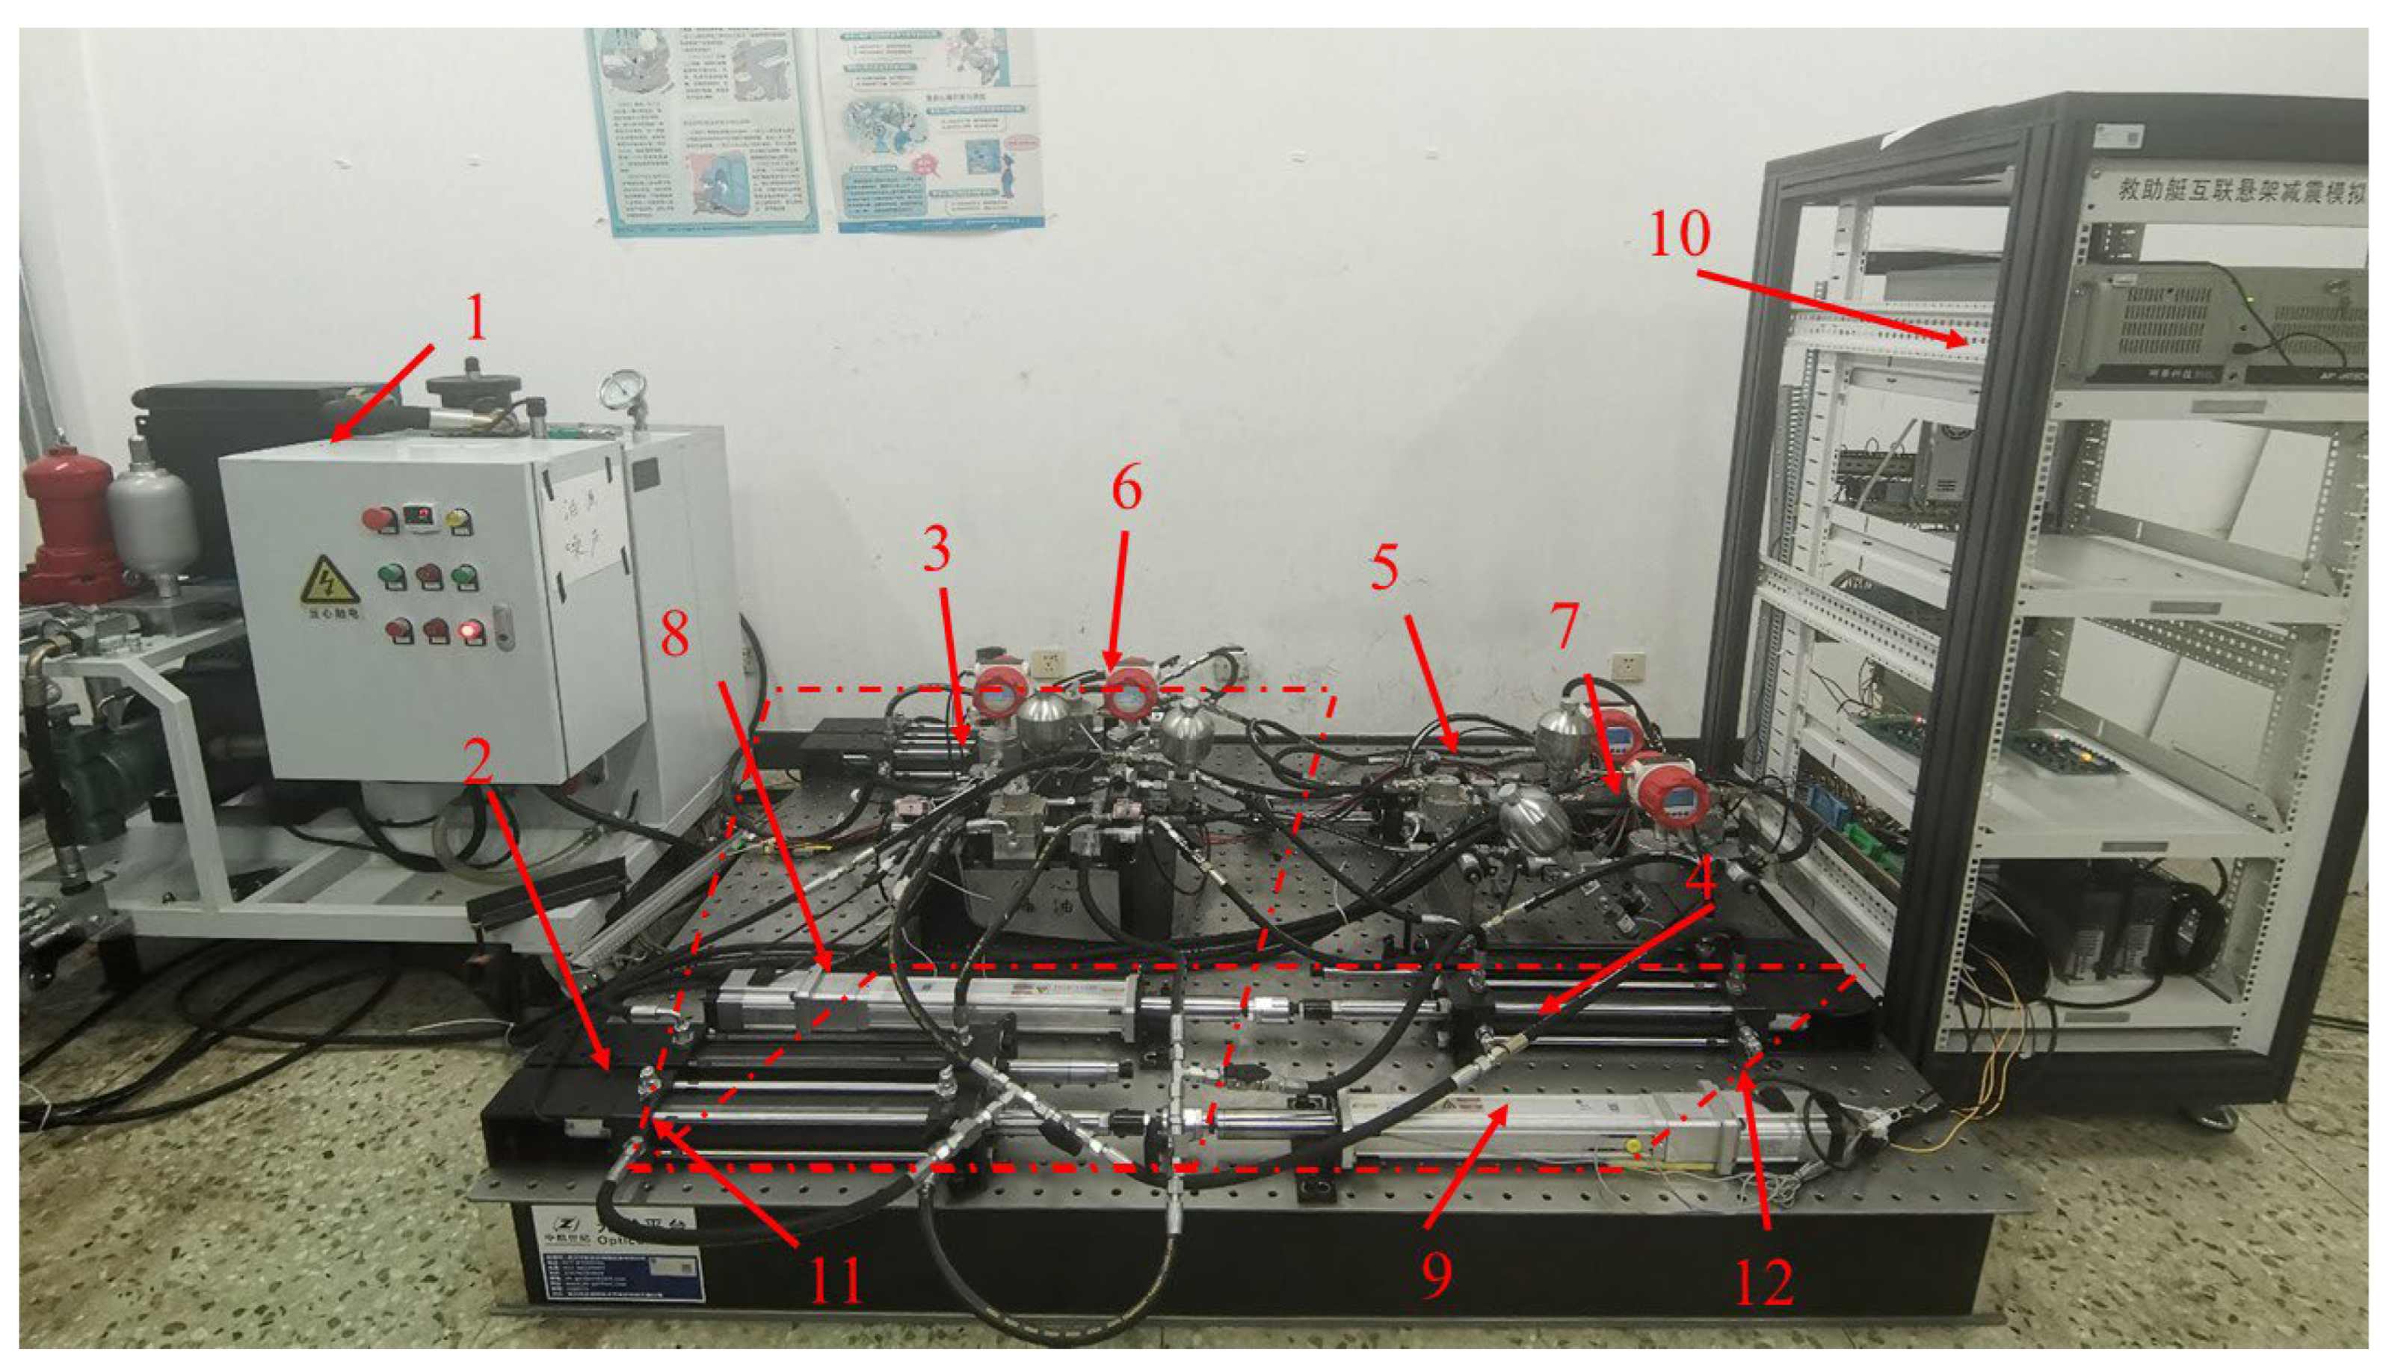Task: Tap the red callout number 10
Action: click(x=1679, y=234)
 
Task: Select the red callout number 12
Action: click(x=1764, y=1282)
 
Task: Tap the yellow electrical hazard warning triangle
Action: click(x=328, y=580)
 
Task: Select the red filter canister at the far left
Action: click(x=66, y=525)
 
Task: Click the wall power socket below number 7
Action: click(x=1628, y=664)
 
